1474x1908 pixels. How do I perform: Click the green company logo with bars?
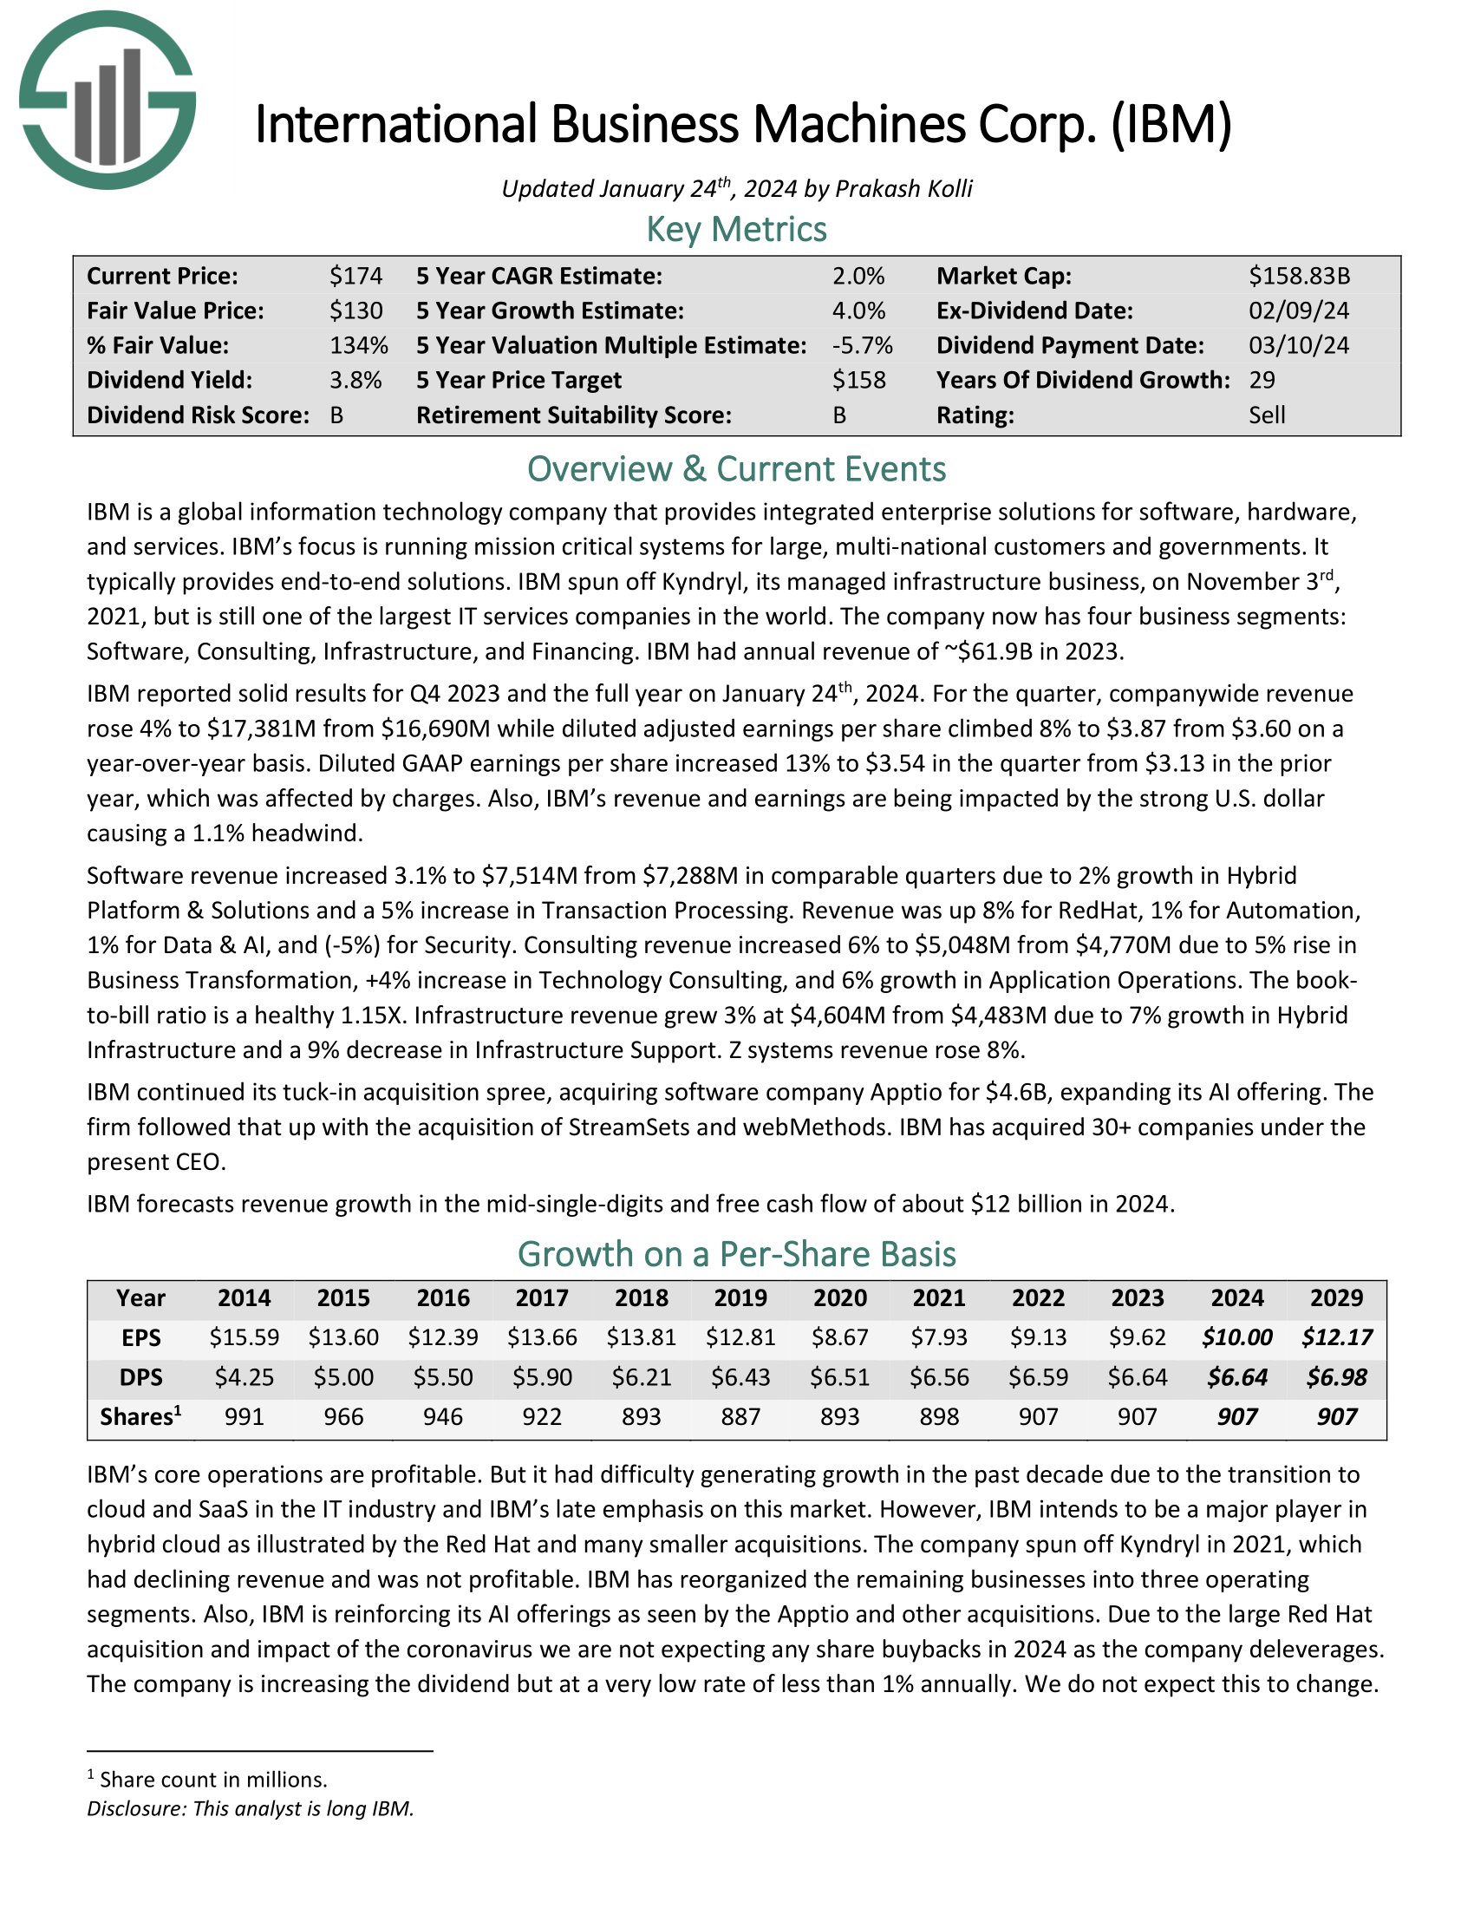pos(108,100)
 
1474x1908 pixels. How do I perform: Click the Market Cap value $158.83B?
pos(1299,276)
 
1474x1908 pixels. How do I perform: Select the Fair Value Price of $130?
pos(355,311)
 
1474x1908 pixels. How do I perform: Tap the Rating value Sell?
pos(1266,415)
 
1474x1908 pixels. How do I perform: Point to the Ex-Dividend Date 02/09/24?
pos(1299,311)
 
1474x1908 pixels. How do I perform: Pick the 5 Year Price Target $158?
pos(858,380)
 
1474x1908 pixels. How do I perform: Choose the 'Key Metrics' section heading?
pos(736,230)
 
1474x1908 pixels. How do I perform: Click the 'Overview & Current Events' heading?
pos(736,469)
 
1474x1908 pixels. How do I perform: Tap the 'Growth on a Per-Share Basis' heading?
pos(736,1254)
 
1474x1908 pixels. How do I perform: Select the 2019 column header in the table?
pos(740,1298)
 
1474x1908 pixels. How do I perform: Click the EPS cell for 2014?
pos(245,1337)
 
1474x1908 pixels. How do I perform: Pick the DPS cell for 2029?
pos(1336,1378)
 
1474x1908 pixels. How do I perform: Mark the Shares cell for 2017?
pos(542,1416)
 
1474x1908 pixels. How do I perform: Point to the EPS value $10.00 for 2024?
pos(1236,1337)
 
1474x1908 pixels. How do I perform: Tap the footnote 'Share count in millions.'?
pos(213,1780)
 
